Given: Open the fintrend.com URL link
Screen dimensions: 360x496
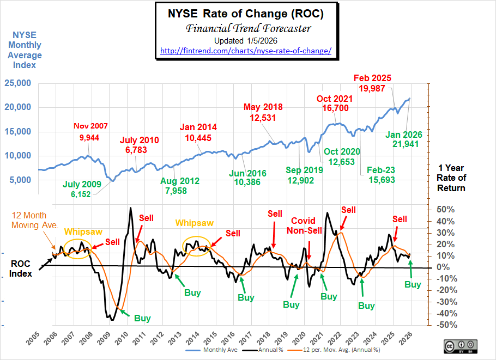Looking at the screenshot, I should tap(245, 51).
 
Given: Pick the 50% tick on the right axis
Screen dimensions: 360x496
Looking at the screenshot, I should tap(446, 210).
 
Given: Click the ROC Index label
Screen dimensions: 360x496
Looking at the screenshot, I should tap(20, 268).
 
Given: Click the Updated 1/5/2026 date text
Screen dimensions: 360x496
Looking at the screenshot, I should tap(245, 41).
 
